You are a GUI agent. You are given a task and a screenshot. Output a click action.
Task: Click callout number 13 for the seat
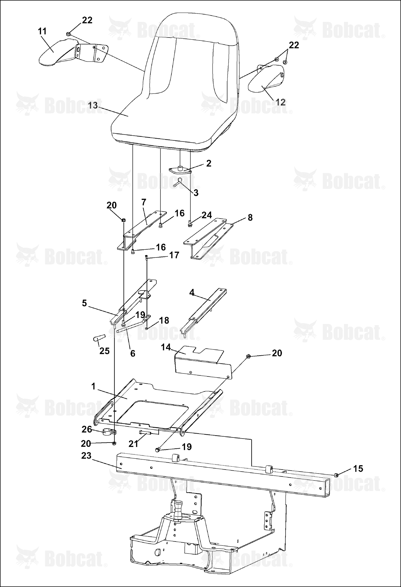click(93, 105)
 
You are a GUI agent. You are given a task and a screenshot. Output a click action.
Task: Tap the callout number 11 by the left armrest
click(42, 31)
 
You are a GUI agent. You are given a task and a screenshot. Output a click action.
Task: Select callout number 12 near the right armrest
click(281, 102)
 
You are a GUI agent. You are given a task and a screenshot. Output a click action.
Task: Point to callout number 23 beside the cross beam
click(86, 455)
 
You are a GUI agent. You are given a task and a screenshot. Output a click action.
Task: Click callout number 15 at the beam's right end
click(358, 468)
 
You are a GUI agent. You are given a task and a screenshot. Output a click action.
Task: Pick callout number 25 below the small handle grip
click(104, 351)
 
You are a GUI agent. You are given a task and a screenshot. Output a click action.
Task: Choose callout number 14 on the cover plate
click(166, 347)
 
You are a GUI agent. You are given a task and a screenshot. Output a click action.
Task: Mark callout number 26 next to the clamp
click(87, 429)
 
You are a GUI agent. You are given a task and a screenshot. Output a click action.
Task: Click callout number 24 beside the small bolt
click(207, 215)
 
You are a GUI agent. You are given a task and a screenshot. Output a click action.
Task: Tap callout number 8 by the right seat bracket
click(250, 218)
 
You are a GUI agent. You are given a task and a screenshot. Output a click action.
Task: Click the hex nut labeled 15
click(337, 475)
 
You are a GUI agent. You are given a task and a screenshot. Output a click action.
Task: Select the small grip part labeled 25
click(99, 338)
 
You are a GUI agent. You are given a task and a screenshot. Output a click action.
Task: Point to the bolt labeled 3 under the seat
click(178, 183)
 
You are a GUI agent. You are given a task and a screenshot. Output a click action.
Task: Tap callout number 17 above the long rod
click(174, 255)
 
